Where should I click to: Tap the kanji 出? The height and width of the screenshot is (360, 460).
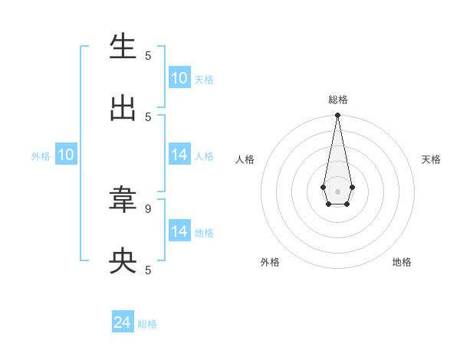point(123,108)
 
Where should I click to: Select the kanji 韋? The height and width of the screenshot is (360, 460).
point(123,200)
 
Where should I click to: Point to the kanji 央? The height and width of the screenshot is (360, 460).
point(123,261)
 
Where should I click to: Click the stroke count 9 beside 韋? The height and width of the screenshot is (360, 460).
point(148,208)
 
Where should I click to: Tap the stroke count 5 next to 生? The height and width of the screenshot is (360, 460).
point(148,55)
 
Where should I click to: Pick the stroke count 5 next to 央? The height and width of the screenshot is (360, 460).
point(148,270)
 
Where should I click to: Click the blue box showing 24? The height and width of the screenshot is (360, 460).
point(123,323)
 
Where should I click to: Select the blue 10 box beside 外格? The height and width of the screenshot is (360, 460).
point(66,155)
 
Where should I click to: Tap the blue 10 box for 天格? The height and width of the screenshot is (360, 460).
point(179,78)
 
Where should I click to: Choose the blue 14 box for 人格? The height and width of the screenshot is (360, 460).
point(179,155)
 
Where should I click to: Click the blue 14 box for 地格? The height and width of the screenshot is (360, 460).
point(179,231)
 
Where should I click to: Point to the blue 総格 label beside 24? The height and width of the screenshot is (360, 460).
point(147,324)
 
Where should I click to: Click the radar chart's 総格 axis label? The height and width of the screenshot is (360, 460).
point(337,100)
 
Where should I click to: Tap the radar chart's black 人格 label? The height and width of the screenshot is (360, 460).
point(245,159)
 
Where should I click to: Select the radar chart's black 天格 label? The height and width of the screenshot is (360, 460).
point(431,159)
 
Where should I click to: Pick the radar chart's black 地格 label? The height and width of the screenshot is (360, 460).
point(402,262)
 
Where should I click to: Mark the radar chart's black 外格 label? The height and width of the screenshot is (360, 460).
point(270,262)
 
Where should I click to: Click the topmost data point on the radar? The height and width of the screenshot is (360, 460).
point(337,116)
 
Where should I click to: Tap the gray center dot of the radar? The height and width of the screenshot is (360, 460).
point(337,191)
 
